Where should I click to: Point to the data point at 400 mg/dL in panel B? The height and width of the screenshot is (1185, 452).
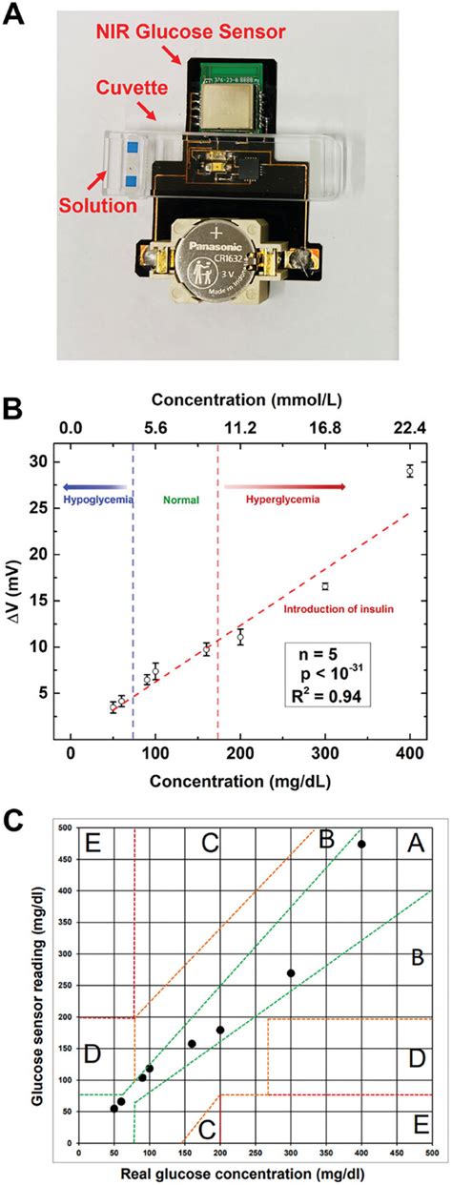(409, 470)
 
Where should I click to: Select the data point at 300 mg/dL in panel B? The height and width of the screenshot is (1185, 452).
(324, 585)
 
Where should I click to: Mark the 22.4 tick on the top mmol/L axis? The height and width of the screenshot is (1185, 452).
(409, 429)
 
